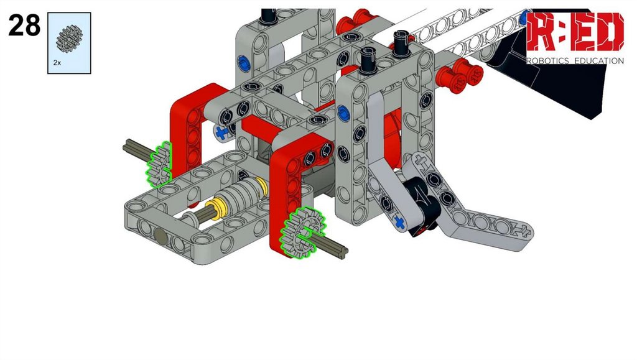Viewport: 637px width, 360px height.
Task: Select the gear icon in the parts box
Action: pyautogui.click(x=69, y=39)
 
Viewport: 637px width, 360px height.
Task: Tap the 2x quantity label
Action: pyautogui.click(x=57, y=63)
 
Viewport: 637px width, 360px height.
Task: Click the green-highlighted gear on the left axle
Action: pyautogui.click(x=159, y=164)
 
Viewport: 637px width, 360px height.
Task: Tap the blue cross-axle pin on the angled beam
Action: pyautogui.click(x=400, y=223)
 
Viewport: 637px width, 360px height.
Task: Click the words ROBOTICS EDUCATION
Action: pyautogui.click(x=575, y=61)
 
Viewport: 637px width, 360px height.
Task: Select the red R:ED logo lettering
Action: pyautogui.click(x=575, y=32)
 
